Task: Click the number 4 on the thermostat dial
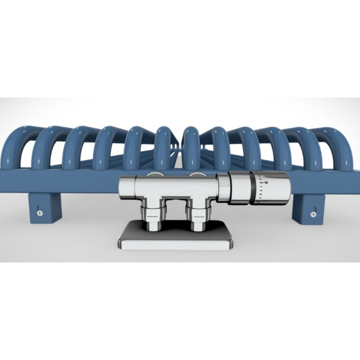(x=265, y=182)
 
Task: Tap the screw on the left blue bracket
(x=41, y=212)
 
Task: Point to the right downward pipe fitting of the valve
(x=199, y=216)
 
